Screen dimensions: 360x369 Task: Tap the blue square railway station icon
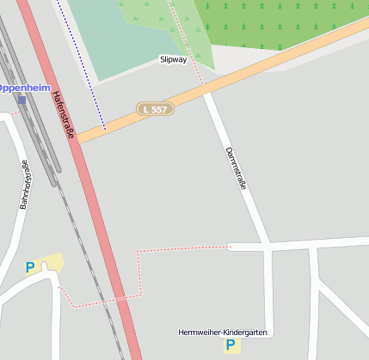click(22, 100)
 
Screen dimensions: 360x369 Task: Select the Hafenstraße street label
click(63, 116)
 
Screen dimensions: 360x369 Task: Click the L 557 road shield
click(156, 110)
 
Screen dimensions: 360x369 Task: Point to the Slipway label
click(173, 60)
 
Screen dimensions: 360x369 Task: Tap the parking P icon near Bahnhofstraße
click(30, 268)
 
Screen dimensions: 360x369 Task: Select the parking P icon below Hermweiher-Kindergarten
click(230, 345)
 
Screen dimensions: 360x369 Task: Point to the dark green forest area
click(284, 21)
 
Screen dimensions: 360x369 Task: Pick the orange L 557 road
click(258, 72)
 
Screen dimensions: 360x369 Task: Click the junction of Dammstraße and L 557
click(206, 91)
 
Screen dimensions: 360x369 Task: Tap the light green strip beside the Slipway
click(194, 39)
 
